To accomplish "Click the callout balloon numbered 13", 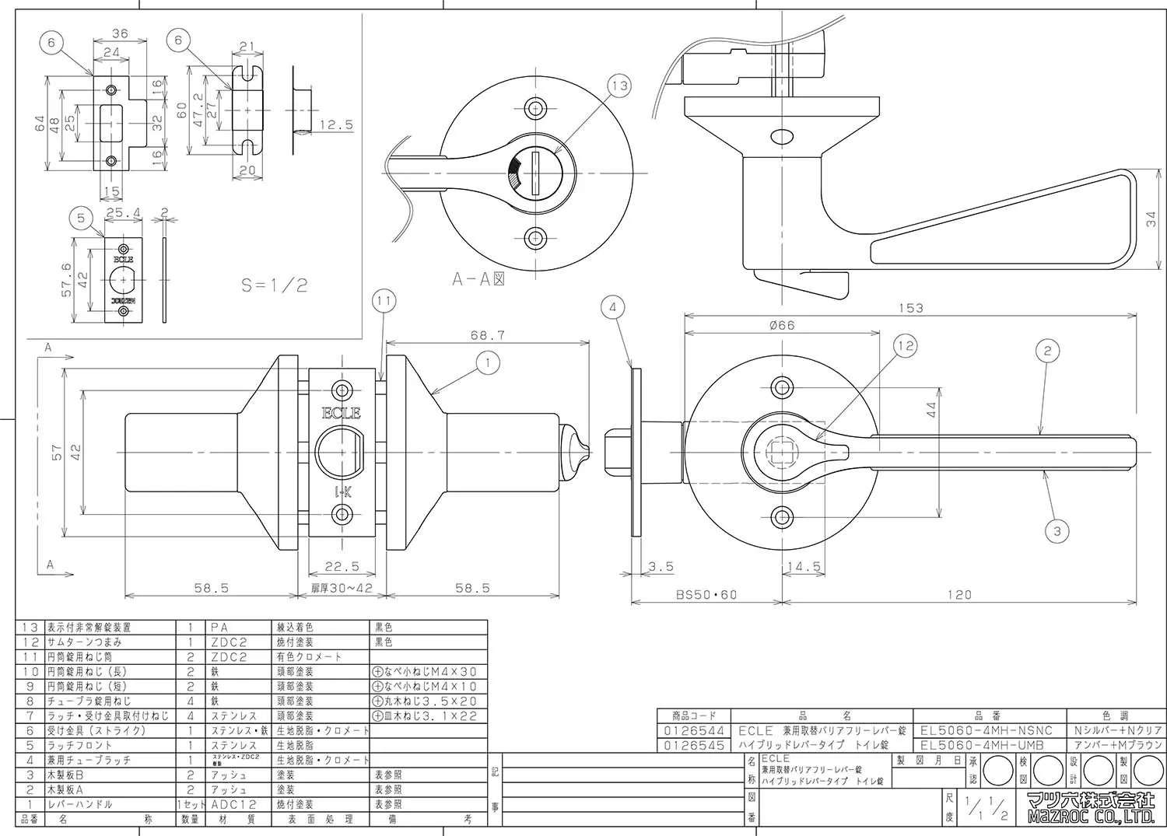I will pyautogui.click(x=619, y=86).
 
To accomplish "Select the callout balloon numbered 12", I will pyautogui.click(x=906, y=346).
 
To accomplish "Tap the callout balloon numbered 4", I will pyautogui.click(x=613, y=308).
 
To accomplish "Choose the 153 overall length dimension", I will pyautogui.click(x=910, y=308).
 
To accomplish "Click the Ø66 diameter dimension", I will pyautogui.click(x=781, y=325).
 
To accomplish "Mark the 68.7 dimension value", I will pyautogui.click(x=488, y=335).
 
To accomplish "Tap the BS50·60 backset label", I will pyautogui.click(x=706, y=595).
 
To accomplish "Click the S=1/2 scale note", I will pyautogui.click(x=274, y=285).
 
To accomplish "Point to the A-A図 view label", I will pyautogui.click(x=478, y=279).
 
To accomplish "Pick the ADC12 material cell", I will pyautogui.click(x=233, y=804).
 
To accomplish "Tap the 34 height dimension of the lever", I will pyautogui.click(x=1151, y=220).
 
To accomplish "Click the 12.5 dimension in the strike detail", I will pyautogui.click(x=336, y=124).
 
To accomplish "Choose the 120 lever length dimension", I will pyautogui.click(x=959, y=595).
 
